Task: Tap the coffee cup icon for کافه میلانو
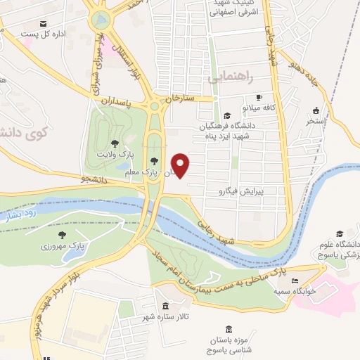tap(259, 97)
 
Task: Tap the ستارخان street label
tap(180, 99)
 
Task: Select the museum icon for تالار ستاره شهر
tap(165, 307)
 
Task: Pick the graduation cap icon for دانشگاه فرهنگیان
tap(226, 115)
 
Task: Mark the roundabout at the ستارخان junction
tap(154, 106)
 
